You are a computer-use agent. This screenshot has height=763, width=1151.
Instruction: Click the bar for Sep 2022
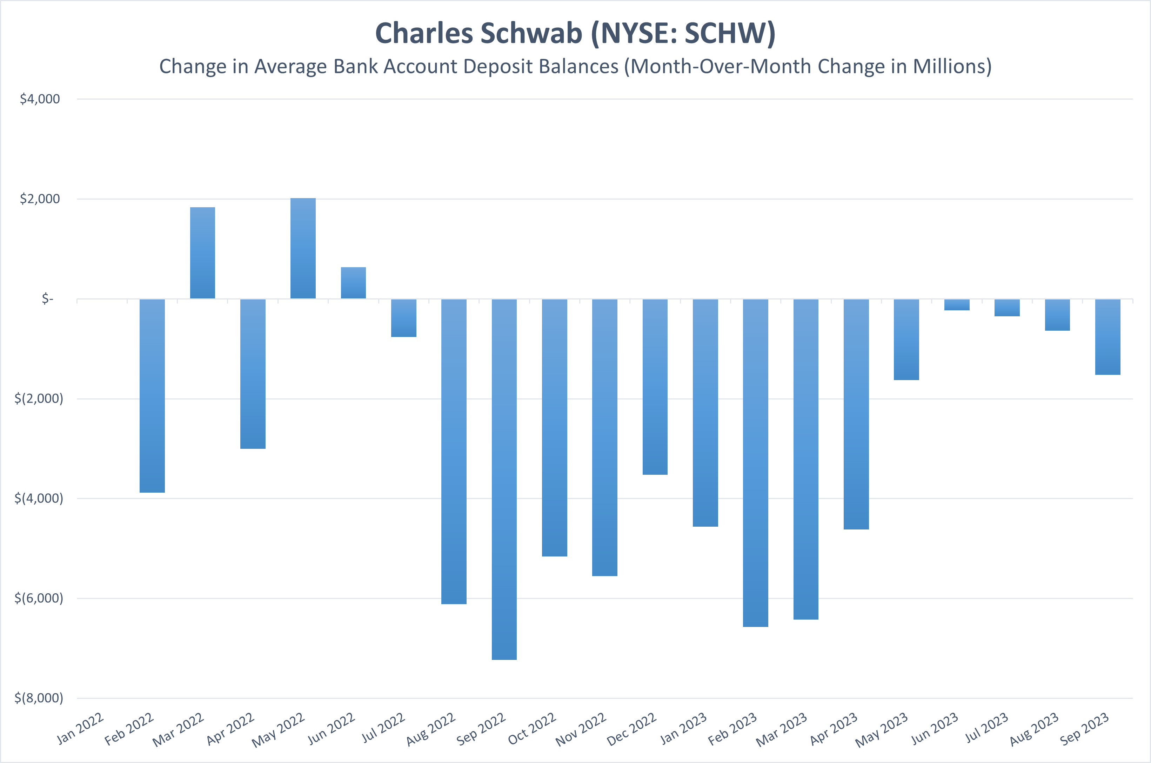504,479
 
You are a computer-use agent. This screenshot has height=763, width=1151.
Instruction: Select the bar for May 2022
303,248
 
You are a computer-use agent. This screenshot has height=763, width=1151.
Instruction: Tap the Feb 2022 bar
152,396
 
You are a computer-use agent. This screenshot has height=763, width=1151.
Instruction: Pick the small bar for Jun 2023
957,305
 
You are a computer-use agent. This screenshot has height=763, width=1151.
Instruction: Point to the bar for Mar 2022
202,253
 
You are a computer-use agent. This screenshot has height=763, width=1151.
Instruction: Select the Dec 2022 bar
655,387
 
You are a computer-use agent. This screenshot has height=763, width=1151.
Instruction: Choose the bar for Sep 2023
1108,337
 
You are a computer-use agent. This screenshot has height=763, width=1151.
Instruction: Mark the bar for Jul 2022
403,318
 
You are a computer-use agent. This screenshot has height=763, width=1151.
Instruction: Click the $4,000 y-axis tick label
40,99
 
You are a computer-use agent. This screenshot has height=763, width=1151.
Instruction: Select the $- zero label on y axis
47,299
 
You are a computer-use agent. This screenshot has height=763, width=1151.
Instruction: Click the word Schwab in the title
531,34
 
